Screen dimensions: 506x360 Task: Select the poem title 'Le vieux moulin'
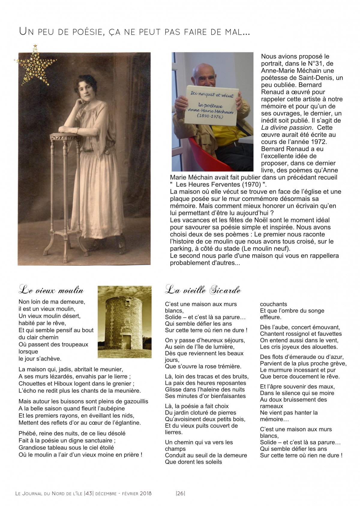(51, 290)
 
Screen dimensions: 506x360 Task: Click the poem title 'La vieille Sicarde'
(203, 290)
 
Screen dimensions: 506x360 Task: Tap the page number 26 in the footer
(180, 493)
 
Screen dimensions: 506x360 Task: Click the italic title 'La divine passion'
(286, 128)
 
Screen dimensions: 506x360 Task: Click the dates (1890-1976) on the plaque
(210, 116)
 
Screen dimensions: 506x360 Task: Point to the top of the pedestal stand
(65, 136)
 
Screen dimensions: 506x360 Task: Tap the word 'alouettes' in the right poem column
(323, 347)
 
